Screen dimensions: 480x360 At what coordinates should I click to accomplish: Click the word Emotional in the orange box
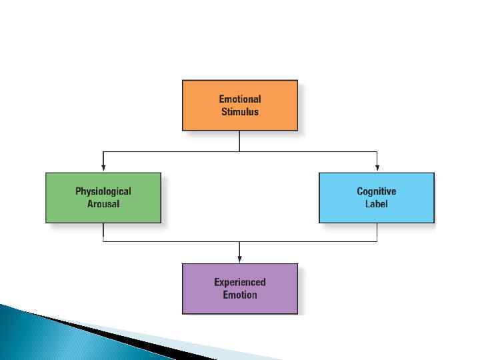(x=240, y=99)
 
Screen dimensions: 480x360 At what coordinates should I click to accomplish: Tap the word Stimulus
(x=240, y=112)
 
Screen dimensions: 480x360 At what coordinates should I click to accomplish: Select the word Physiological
(x=103, y=191)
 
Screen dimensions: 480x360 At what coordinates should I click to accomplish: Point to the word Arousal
(x=103, y=204)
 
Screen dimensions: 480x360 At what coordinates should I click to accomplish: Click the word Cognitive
(x=377, y=191)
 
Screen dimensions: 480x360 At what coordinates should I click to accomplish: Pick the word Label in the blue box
(x=377, y=204)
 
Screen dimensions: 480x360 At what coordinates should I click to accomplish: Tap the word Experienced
(x=240, y=282)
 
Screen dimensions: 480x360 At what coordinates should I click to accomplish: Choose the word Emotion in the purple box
(x=240, y=295)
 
